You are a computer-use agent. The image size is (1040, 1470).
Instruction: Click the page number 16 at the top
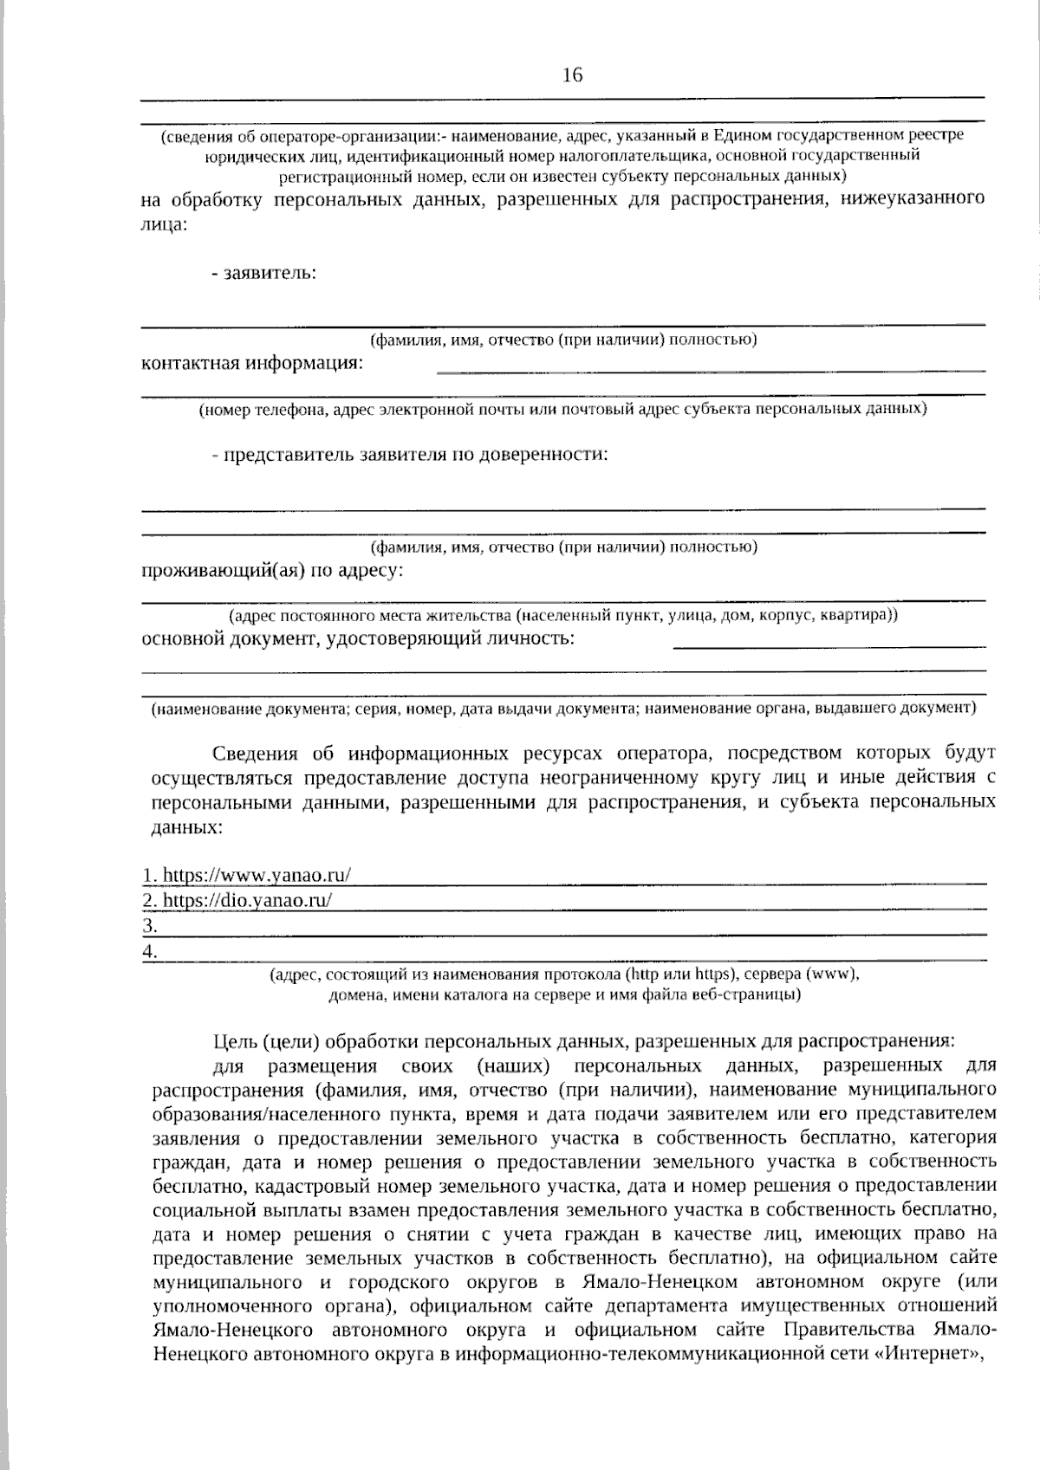572,75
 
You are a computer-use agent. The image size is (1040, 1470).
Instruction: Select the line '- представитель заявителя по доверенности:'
409,454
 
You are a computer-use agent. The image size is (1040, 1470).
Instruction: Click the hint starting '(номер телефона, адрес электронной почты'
562,409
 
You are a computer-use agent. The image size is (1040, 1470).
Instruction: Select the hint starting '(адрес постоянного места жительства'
562,615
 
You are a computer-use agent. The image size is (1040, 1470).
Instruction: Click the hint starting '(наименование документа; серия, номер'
562,709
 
